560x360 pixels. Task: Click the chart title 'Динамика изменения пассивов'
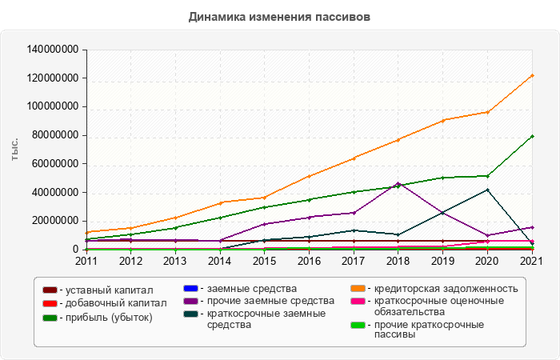click(x=279, y=16)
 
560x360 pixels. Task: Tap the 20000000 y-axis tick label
click(x=56, y=221)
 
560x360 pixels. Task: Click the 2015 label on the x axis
click(x=264, y=260)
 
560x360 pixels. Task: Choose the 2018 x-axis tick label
click(x=398, y=260)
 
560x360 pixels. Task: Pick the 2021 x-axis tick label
click(x=532, y=260)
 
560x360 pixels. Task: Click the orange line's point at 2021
click(x=532, y=75)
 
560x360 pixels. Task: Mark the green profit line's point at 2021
click(x=532, y=136)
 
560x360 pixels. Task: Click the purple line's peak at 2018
click(x=398, y=183)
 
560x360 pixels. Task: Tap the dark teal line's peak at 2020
click(x=487, y=190)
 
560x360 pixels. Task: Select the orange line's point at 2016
click(x=309, y=176)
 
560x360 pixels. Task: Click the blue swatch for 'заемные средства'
click(x=190, y=288)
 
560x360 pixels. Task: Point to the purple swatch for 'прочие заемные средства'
click(x=190, y=301)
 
